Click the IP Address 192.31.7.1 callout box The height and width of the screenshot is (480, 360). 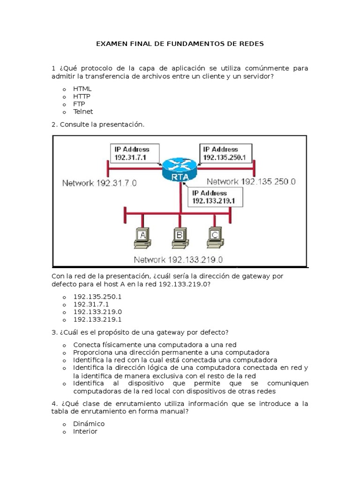tap(134, 153)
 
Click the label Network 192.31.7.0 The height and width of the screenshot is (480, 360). tap(99, 183)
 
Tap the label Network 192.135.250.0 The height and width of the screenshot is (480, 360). tap(251, 181)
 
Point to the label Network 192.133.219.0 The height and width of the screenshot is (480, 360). tap(178, 259)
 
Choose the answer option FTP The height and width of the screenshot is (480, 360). tap(79, 104)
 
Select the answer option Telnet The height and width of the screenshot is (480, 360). tap(83, 112)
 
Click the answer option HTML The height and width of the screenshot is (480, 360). tap(82, 89)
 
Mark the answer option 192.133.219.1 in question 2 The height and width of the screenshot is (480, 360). tap(97, 319)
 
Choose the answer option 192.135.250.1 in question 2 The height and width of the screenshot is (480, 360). tap(97, 297)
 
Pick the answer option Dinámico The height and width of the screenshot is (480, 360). tap(89, 424)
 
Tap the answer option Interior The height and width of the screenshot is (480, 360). tap(85, 431)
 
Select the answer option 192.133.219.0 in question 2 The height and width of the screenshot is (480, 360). tap(97, 312)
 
